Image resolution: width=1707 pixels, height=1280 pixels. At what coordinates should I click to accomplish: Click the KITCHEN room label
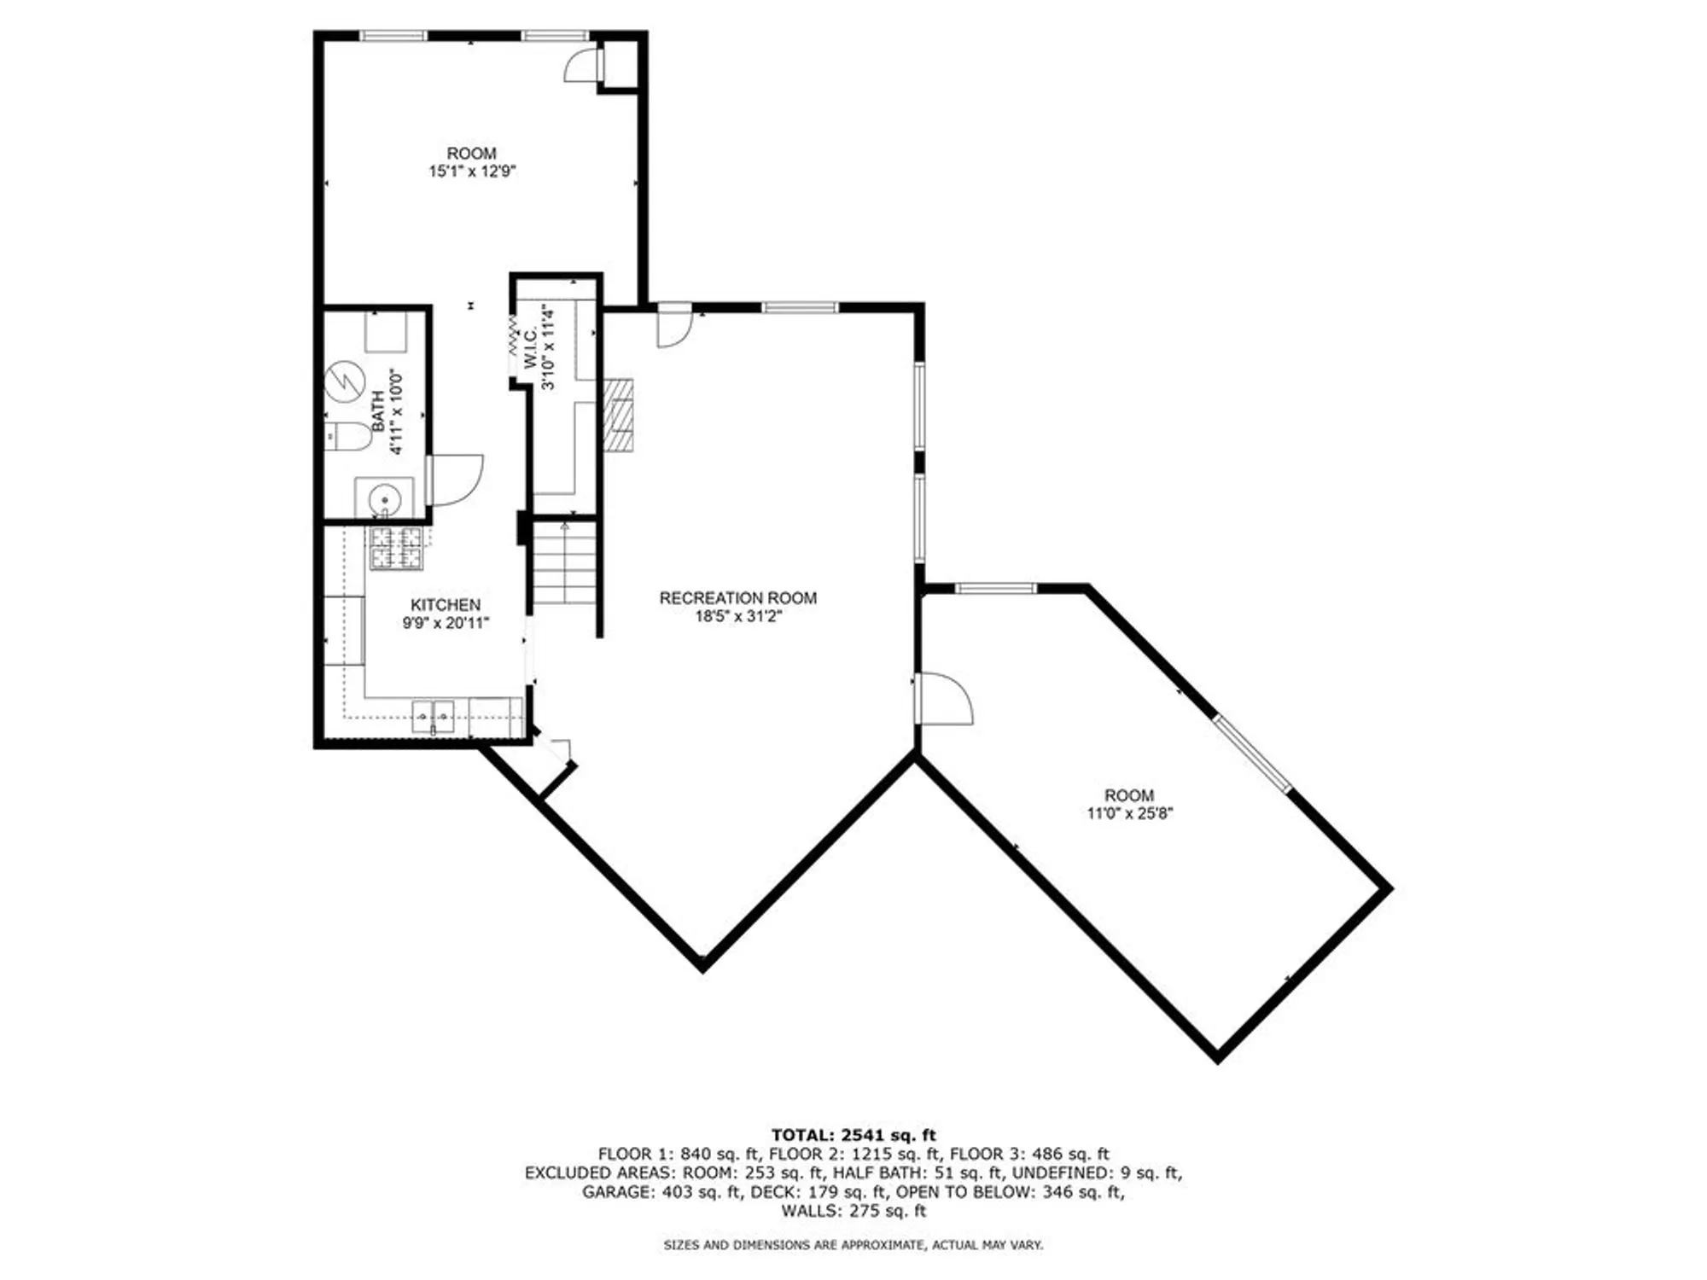point(445,605)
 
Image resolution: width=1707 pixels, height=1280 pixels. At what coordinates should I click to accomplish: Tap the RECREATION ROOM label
point(737,598)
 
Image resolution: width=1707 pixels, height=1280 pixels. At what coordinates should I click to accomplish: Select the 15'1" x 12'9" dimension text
point(472,172)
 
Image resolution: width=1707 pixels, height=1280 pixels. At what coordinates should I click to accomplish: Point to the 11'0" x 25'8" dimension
point(1129,813)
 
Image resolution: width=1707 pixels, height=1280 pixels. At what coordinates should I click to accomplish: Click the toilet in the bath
point(348,436)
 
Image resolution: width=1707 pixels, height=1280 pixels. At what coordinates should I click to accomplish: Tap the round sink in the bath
point(385,497)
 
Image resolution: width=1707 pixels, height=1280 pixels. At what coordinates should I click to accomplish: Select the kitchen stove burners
point(396,548)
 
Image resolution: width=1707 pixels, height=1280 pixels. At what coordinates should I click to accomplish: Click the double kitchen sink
point(433,716)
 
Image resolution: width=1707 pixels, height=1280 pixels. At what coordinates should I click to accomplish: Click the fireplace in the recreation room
point(619,415)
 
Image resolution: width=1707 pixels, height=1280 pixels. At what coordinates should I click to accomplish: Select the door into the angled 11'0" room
point(943,699)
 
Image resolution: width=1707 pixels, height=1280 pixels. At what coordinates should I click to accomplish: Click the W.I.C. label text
point(530,348)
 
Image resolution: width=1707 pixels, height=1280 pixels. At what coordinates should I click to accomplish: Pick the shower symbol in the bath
point(345,382)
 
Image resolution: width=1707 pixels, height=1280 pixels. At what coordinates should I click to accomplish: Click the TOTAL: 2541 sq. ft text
point(853,1135)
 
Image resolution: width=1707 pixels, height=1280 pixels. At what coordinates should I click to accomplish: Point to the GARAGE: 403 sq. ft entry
point(661,1192)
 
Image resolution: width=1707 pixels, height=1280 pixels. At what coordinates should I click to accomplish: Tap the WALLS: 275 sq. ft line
point(853,1211)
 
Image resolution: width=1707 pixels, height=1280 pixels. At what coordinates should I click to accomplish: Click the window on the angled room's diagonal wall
point(1253,754)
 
